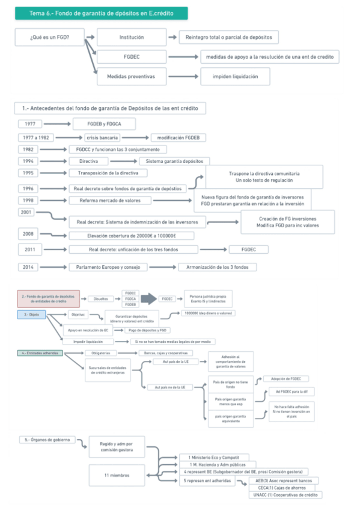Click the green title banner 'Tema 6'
(x=101, y=13)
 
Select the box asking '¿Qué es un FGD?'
(x=49, y=37)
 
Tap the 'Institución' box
(x=132, y=37)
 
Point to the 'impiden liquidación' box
(x=234, y=76)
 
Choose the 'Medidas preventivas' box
(x=131, y=76)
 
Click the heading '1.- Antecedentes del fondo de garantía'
(x=109, y=108)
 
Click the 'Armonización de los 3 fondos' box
(x=217, y=267)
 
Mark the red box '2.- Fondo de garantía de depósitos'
(x=48, y=298)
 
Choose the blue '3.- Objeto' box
(x=31, y=315)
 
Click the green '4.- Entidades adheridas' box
(x=40, y=353)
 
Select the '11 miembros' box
(x=117, y=475)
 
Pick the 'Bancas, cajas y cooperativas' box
(x=165, y=353)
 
